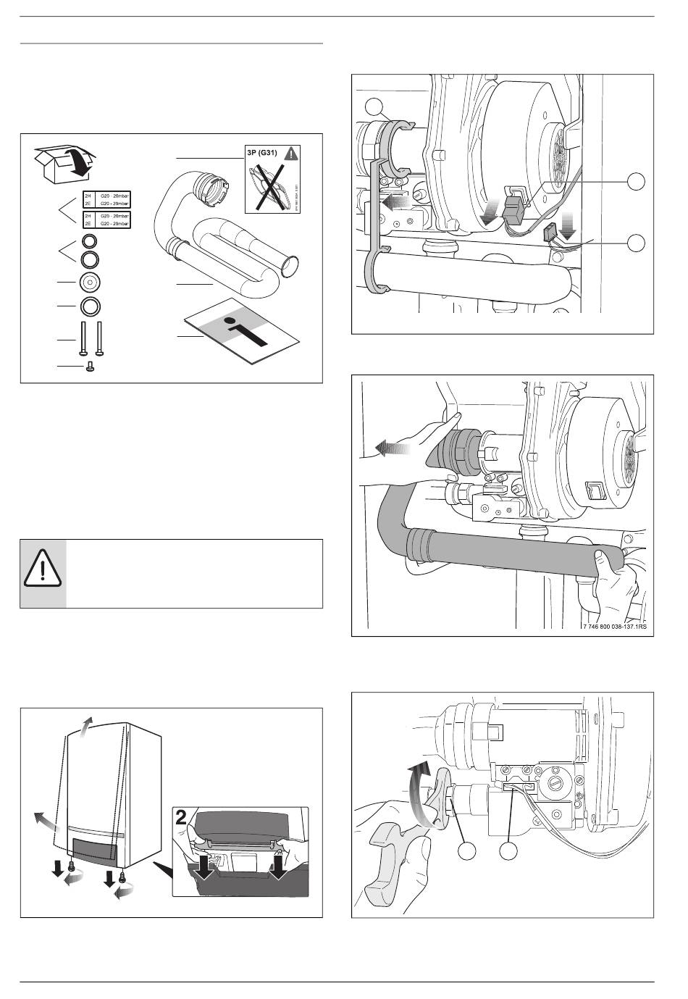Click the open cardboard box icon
[x=64, y=164]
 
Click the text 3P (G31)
[x=264, y=153]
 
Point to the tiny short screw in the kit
[x=88, y=368]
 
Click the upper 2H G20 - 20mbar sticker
[x=106, y=199]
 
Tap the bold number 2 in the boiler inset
[x=182, y=821]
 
